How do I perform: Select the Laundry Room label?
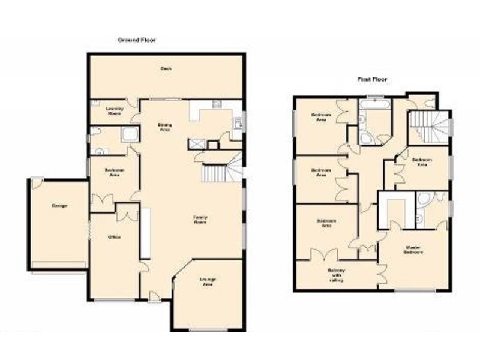click(114, 110)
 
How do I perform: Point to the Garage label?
click(59, 206)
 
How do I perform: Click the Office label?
click(114, 237)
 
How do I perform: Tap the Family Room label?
click(200, 219)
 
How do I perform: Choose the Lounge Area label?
click(208, 281)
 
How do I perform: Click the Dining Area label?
click(164, 127)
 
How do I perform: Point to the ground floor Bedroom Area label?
click(114, 172)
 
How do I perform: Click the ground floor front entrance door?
click(154, 296)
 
